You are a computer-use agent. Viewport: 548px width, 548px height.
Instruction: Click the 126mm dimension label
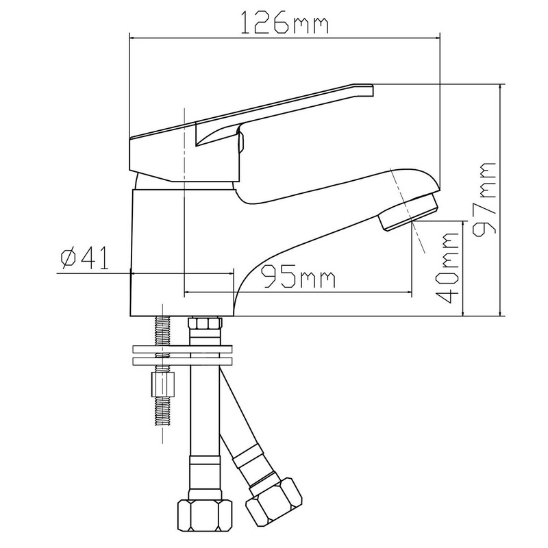tap(285, 23)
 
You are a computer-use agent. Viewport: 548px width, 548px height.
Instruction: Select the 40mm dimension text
tap(447, 268)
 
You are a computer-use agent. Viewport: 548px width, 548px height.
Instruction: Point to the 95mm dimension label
tap(299, 276)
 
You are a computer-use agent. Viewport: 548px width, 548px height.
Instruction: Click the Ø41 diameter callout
tap(84, 258)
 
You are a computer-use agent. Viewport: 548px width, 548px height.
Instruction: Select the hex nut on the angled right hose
tap(274, 501)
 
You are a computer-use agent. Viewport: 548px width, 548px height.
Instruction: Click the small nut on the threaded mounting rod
tap(163, 384)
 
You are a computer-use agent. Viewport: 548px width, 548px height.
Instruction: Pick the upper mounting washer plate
tap(182, 349)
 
